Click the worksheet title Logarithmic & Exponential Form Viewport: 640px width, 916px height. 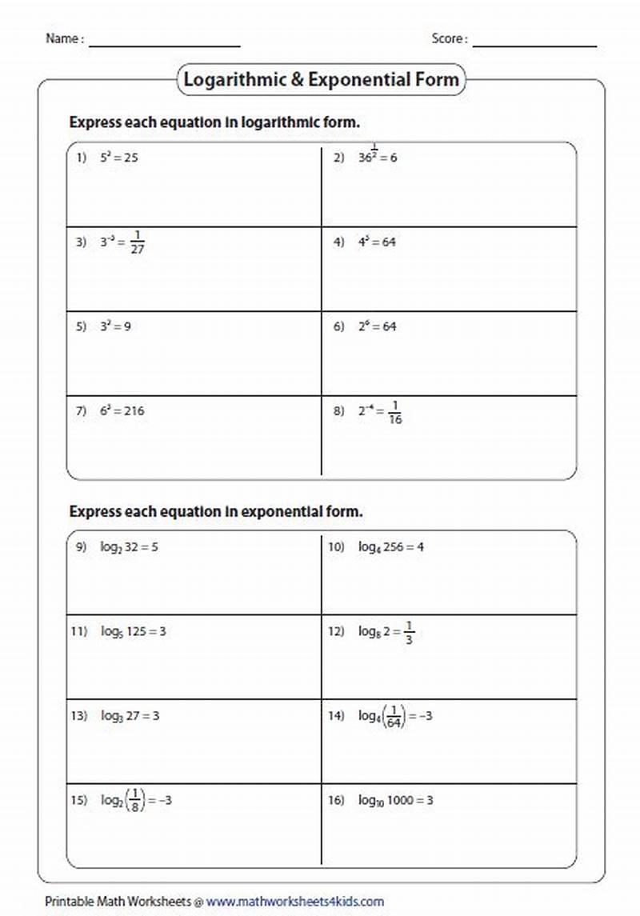click(321, 80)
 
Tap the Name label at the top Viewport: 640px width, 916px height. click(62, 38)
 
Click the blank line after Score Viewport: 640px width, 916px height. click(534, 42)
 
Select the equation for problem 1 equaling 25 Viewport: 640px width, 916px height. click(118, 158)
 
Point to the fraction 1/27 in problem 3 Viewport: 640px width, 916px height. click(137, 242)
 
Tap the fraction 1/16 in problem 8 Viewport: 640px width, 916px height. click(394, 412)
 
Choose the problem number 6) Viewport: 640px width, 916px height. click(339, 326)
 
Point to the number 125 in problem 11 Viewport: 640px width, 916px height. click(138, 631)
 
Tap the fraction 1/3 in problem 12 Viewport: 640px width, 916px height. click(409, 632)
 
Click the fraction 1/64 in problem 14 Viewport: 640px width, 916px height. click(393, 716)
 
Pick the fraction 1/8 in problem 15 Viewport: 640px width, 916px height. click(135, 800)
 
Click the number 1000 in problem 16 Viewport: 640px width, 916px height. click(402, 800)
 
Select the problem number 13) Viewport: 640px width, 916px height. click(78, 716)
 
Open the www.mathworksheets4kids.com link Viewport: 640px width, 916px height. click(295, 901)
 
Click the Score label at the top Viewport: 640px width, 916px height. click(448, 38)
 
